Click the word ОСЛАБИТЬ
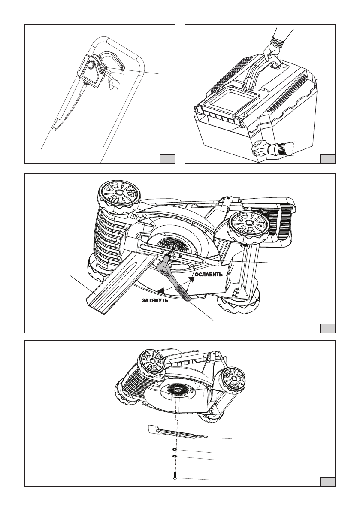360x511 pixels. (x=209, y=275)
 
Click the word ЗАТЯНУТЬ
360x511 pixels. (x=155, y=300)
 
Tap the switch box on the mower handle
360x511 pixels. (x=91, y=71)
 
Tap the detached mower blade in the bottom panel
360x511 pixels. (x=178, y=431)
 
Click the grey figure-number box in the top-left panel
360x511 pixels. (x=167, y=159)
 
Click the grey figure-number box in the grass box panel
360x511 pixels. (x=327, y=159)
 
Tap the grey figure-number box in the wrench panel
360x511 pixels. (x=327, y=328)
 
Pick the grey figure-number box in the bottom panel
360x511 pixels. (x=327, y=482)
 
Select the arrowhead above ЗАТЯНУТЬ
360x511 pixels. (x=160, y=290)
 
